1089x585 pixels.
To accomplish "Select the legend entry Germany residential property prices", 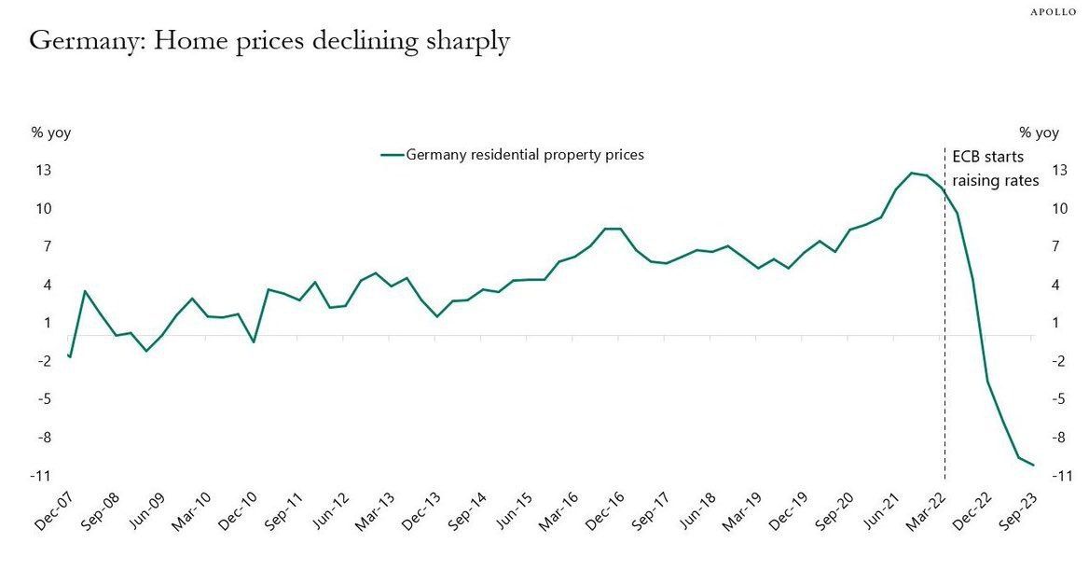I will pyautogui.click(x=524, y=155).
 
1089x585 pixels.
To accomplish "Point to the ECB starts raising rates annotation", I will pyautogui.click(x=994, y=168).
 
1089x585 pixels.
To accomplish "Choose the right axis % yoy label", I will pyautogui.click(x=1039, y=132).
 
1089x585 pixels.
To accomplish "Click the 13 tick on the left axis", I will pyautogui.click(x=43, y=171).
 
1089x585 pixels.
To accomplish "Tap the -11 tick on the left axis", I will pyautogui.click(x=40, y=476).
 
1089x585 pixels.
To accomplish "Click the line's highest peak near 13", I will pyautogui.click(x=912, y=173).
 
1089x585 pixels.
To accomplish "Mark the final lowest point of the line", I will pyautogui.click(x=1033, y=465).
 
